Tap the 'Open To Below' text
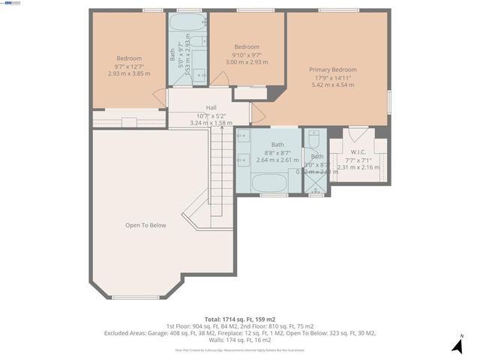click(145, 225)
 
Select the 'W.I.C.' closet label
click(358, 151)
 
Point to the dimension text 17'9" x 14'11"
click(332, 77)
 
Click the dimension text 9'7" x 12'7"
click(129, 66)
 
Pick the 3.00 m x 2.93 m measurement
click(247, 61)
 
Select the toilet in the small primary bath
click(315, 139)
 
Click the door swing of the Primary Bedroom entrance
click(256, 113)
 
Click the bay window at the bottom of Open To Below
click(135, 298)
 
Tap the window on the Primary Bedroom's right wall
click(389, 100)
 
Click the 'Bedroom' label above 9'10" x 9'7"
click(247, 46)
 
